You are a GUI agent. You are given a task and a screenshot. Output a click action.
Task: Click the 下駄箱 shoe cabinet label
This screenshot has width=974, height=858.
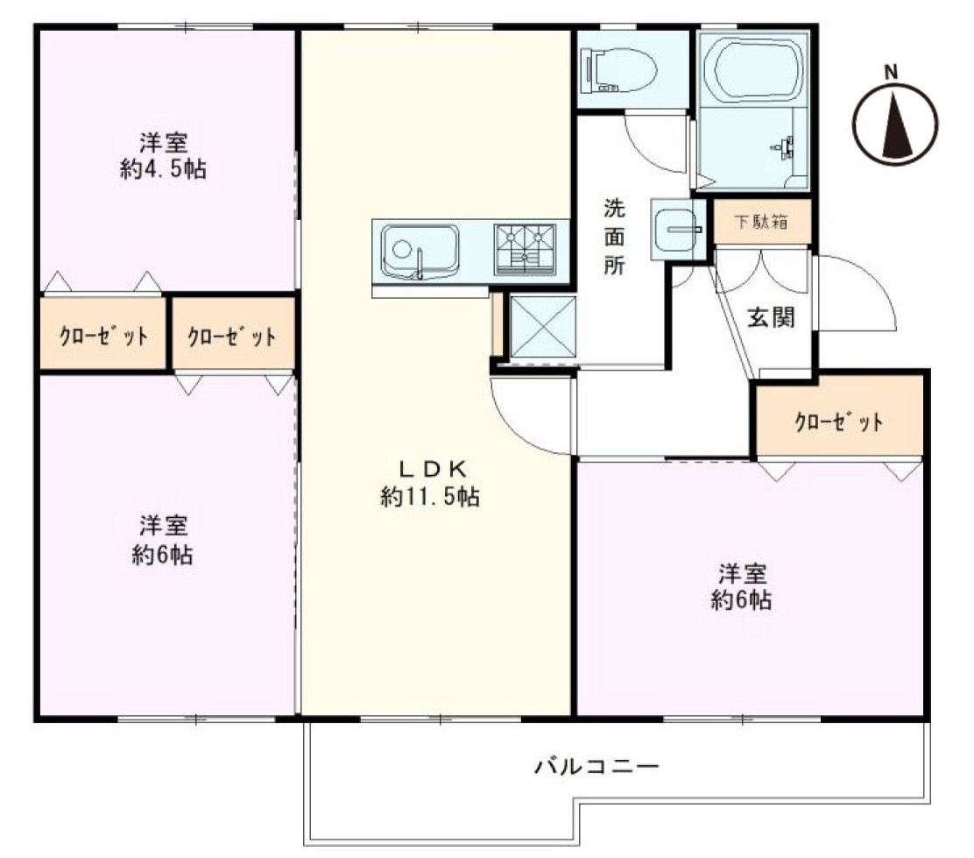[x=759, y=222]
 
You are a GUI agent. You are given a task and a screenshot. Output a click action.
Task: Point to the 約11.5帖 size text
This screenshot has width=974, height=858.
[x=430, y=498]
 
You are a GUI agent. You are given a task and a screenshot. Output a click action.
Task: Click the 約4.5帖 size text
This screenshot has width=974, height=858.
[x=163, y=169]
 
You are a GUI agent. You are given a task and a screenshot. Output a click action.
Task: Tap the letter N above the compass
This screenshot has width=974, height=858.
[x=891, y=72]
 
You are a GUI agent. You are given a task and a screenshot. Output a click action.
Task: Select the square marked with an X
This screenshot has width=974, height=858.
[x=542, y=325]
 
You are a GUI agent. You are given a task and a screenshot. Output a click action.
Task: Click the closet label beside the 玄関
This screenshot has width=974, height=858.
[x=838, y=422]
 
